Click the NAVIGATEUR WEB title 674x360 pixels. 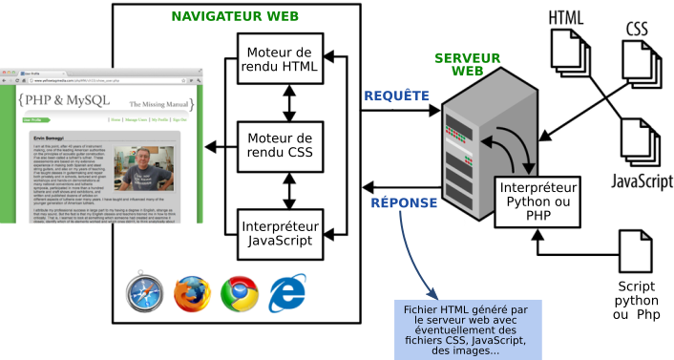235,16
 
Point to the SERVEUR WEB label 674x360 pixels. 467,65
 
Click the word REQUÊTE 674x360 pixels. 396,95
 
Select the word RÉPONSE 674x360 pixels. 404,202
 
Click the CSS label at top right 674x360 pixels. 638,28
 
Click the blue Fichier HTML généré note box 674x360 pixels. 467,329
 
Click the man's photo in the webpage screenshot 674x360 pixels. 139,175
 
